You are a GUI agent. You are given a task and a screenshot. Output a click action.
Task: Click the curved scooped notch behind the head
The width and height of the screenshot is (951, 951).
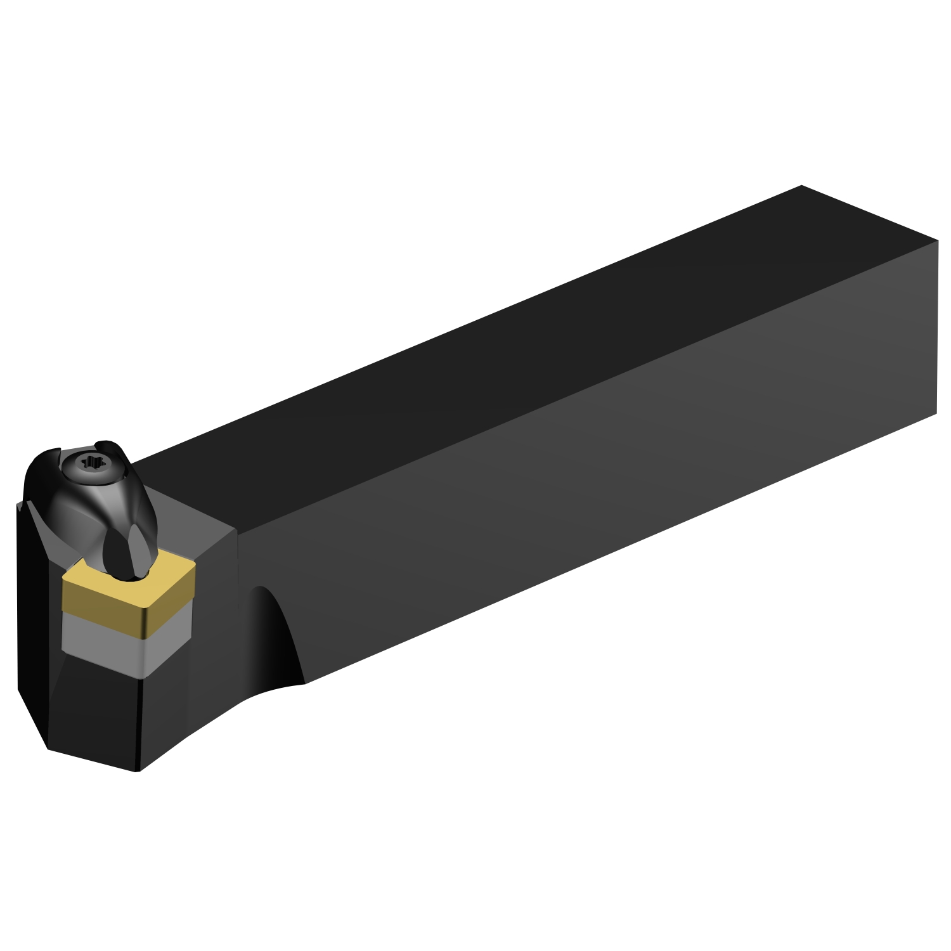point(273,634)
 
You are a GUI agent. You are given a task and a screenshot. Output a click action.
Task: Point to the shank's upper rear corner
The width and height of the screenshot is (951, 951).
point(937,241)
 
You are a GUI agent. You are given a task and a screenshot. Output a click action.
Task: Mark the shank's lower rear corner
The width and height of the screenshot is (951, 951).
point(937,415)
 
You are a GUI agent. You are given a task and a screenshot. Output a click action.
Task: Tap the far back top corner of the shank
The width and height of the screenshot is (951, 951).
point(802,186)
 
